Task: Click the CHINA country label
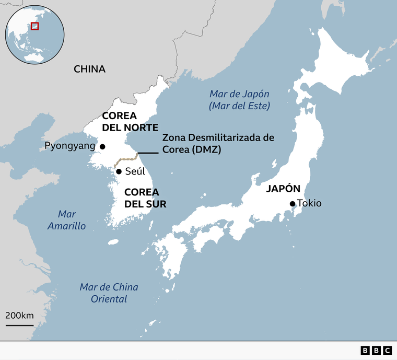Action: (x=89, y=69)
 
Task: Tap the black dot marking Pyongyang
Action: (x=103, y=147)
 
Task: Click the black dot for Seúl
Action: (x=119, y=171)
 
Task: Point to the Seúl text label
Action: (x=135, y=171)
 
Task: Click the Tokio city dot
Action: (x=293, y=204)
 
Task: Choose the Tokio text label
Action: (x=309, y=203)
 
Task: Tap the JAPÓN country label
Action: (x=283, y=189)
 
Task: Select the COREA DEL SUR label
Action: (x=145, y=198)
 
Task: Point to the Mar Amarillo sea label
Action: (x=67, y=220)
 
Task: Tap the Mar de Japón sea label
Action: (x=239, y=100)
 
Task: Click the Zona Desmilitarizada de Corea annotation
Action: (x=218, y=143)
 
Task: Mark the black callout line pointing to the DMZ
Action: (x=148, y=153)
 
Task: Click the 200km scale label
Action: (x=19, y=315)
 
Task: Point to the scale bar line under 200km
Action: (x=19, y=324)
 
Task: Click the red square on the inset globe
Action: (x=35, y=26)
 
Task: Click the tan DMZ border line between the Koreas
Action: (x=125, y=159)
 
